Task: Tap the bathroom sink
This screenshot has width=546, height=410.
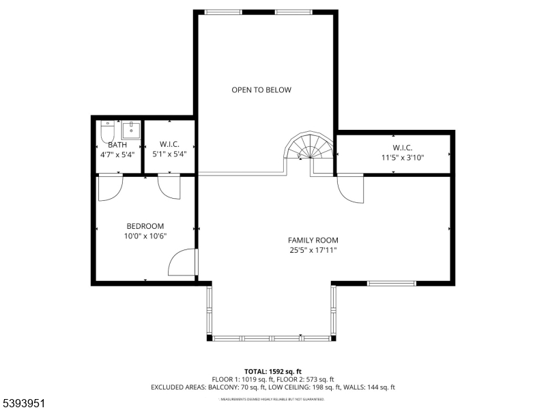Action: [x=130, y=129]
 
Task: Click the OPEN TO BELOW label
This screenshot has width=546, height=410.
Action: [x=261, y=90]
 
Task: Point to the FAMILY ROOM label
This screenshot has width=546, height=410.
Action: [x=313, y=240]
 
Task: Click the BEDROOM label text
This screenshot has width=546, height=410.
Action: [x=145, y=226]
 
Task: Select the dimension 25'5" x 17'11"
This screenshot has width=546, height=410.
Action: [x=313, y=250]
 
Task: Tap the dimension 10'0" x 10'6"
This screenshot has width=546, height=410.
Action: [x=145, y=236]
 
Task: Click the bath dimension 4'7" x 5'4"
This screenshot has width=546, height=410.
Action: [x=117, y=154]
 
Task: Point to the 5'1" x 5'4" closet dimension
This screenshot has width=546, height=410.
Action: [x=169, y=154]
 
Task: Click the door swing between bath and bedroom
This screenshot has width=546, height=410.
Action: [x=110, y=188]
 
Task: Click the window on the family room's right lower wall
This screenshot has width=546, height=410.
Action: [x=391, y=283]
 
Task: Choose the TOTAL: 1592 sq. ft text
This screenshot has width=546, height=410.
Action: [x=272, y=370]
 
